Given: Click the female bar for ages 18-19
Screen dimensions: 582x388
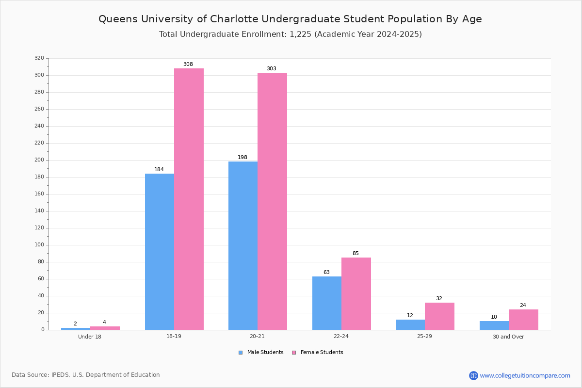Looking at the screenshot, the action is click(189, 199).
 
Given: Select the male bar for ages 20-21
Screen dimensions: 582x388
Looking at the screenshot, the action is click(243, 245).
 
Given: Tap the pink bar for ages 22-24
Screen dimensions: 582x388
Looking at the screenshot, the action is click(356, 293).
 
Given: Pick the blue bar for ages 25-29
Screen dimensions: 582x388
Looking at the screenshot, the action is click(410, 325).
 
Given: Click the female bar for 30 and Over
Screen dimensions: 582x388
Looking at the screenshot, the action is click(523, 320).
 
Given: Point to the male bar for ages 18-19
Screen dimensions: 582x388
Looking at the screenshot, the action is click(160, 252).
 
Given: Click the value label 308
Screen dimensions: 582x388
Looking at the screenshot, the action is click(188, 64).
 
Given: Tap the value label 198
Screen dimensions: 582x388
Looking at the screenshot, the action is click(242, 157).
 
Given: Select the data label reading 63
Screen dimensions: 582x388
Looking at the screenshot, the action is click(326, 272).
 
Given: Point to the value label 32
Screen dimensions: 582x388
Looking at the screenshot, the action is click(439, 298).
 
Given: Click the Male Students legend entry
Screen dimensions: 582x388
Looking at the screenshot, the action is click(261, 353).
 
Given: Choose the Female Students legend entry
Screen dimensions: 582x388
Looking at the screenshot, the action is click(318, 353).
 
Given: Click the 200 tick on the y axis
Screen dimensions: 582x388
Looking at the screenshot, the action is click(39, 160).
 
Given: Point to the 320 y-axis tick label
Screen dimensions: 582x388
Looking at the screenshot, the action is click(39, 58).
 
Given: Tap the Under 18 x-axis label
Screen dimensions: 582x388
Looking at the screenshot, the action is click(90, 337).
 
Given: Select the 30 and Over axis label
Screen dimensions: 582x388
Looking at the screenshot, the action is click(508, 337).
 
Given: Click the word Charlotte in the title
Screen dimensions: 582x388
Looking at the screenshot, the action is click(234, 19).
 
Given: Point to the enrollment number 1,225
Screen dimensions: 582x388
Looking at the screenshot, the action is click(300, 34).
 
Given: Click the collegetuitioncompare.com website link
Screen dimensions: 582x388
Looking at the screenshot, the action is click(525, 375).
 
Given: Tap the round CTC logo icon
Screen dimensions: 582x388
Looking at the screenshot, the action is click(474, 375).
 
